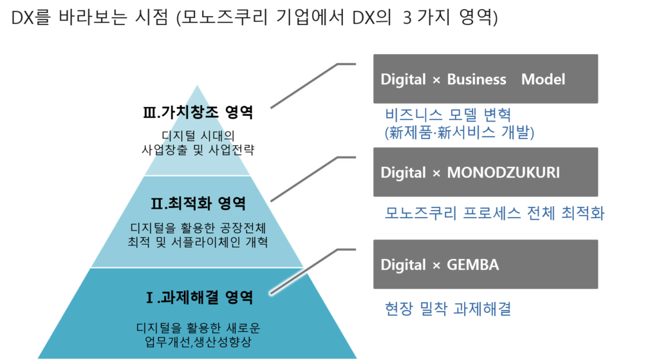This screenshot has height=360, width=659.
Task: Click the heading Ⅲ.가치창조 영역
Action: click(x=198, y=113)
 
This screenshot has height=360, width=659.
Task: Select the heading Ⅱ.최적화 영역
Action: click(x=198, y=204)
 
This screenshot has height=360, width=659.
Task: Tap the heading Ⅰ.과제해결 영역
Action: click(x=200, y=298)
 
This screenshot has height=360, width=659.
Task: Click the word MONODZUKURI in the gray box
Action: click(x=503, y=173)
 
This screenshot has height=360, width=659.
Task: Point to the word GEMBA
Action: click(x=473, y=265)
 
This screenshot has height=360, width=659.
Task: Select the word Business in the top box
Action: click(x=477, y=79)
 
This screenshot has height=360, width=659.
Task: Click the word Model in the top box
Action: click(x=543, y=79)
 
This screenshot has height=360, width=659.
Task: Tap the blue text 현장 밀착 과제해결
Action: click(x=448, y=309)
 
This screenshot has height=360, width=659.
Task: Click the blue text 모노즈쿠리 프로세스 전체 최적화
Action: click(x=495, y=213)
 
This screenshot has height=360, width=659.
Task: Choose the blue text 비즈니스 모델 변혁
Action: click(x=448, y=115)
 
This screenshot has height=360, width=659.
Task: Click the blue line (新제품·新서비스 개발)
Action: click(x=459, y=133)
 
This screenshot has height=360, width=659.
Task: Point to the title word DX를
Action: click(x=30, y=17)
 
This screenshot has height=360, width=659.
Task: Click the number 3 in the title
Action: click(x=407, y=18)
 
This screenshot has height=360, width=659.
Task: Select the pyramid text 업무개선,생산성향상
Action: click(x=198, y=341)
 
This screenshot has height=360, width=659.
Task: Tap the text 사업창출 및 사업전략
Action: click(x=198, y=149)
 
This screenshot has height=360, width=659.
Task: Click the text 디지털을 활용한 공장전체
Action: click(x=198, y=228)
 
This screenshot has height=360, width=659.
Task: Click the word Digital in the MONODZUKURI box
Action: click(x=403, y=173)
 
